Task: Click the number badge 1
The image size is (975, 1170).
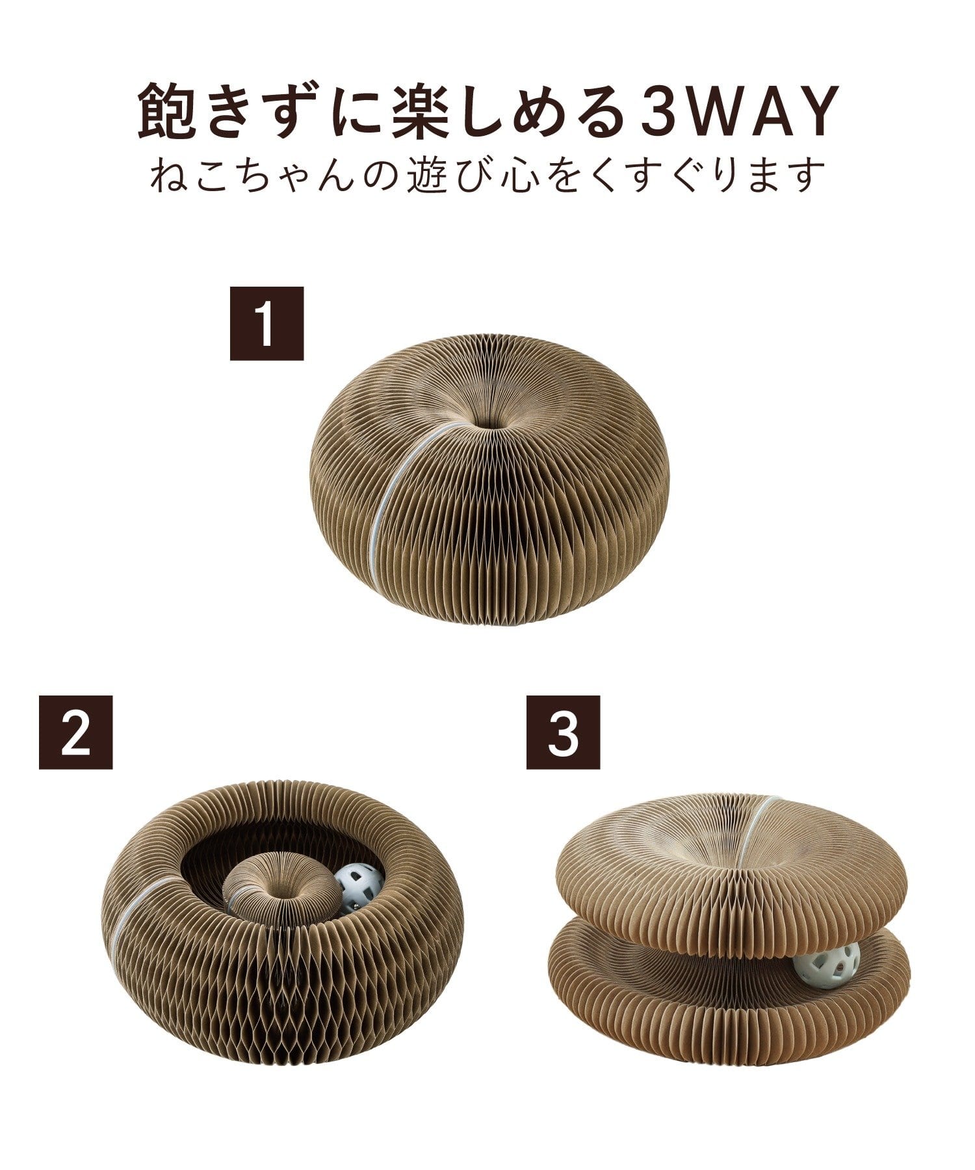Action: tap(266, 323)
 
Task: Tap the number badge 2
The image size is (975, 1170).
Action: tap(75, 733)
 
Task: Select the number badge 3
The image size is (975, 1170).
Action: tap(563, 733)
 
